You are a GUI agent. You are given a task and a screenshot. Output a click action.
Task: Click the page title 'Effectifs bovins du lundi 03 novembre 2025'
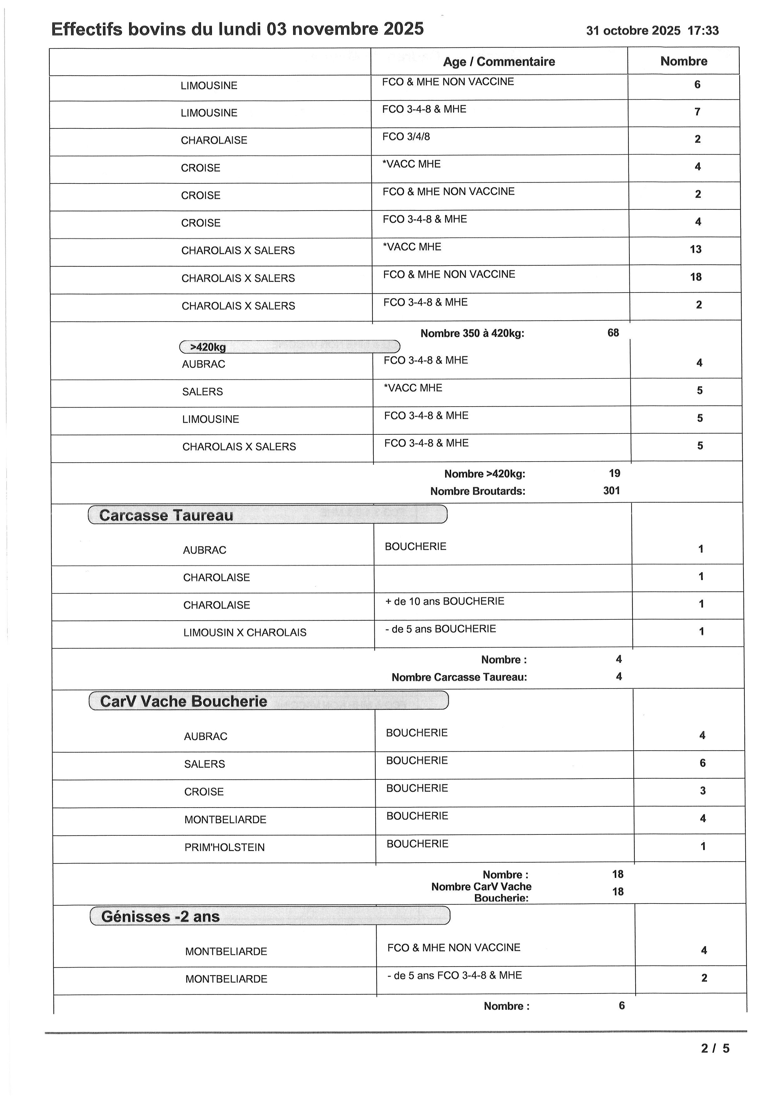pos(237,30)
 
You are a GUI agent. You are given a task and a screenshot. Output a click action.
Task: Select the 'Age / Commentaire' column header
pos(499,62)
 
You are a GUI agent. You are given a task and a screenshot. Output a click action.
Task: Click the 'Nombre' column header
pos(683,61)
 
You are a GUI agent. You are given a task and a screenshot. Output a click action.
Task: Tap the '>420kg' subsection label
pos(208,347)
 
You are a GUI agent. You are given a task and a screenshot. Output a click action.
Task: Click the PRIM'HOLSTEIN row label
pos(224,847)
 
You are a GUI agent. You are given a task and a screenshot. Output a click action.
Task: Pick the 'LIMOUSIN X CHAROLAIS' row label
pos(245,633)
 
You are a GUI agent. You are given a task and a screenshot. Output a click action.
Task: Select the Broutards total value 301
pos(611,491)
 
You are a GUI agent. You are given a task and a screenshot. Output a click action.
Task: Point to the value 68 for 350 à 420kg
pos(613,333)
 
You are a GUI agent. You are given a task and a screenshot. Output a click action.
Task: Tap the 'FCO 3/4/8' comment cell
pos(406,137)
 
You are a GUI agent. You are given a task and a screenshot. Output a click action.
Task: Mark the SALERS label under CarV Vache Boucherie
pos(204,764)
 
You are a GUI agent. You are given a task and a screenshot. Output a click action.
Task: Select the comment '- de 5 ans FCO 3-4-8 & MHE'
pos(454,975)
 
